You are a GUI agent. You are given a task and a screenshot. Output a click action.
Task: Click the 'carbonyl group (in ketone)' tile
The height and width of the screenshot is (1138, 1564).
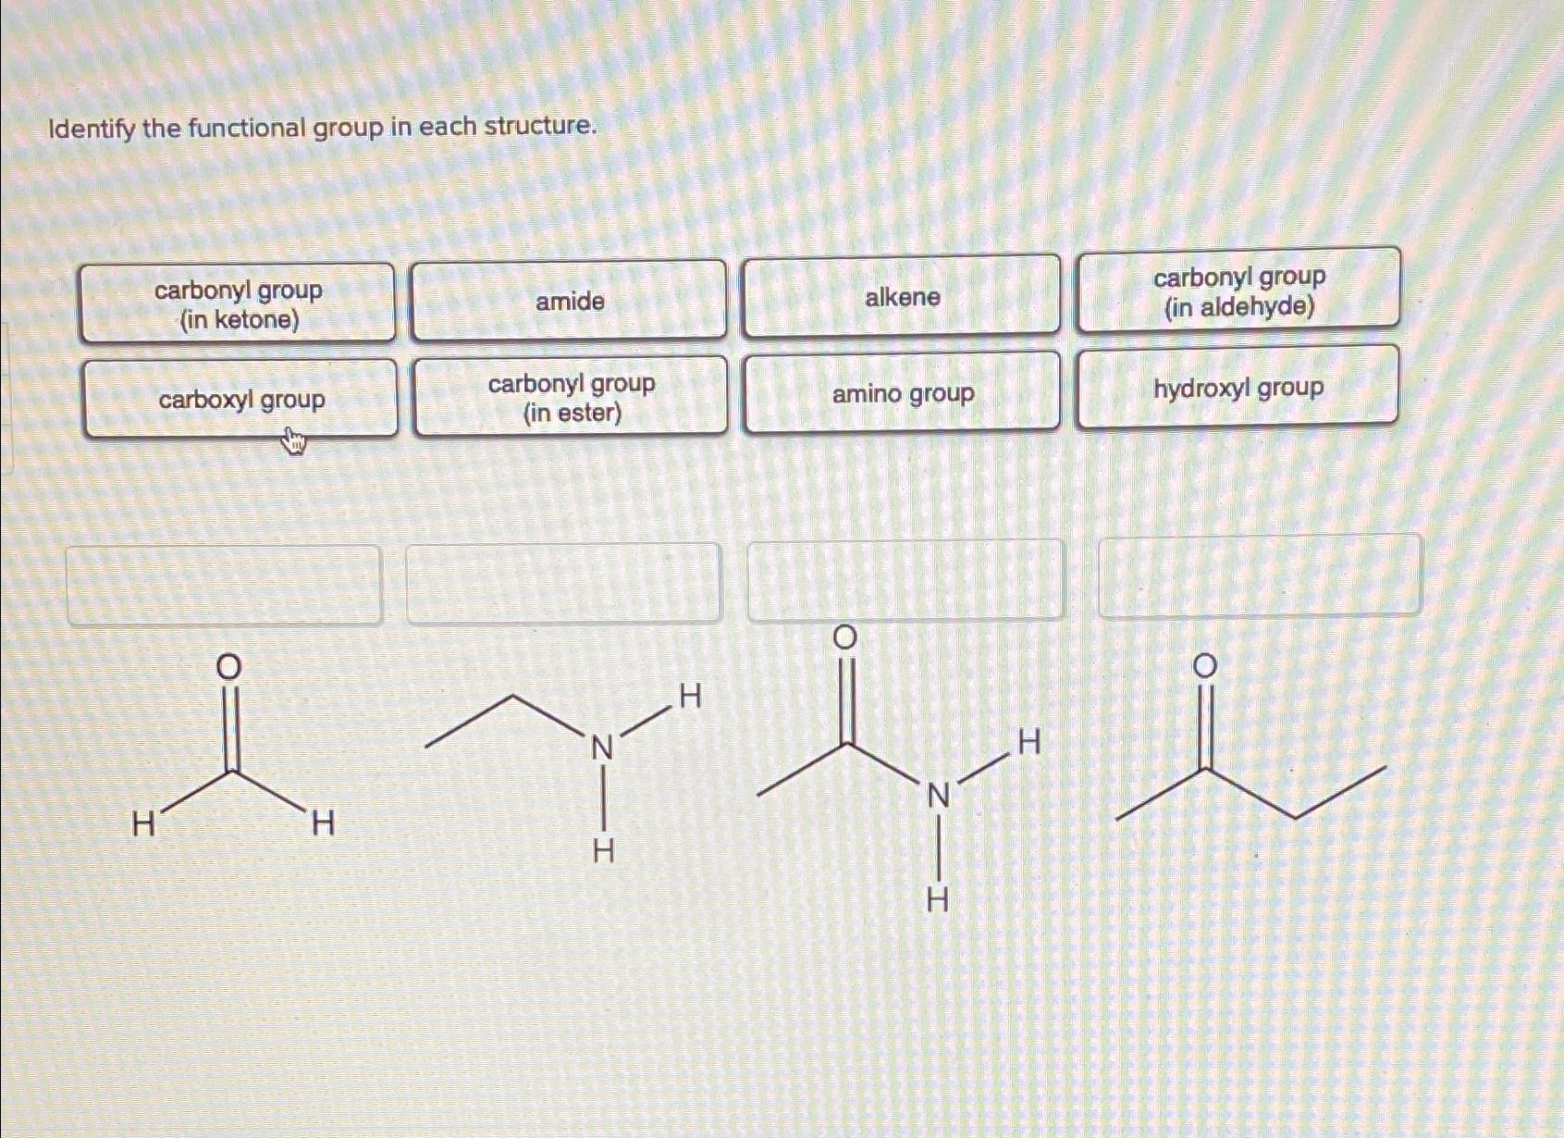tap(238, 303)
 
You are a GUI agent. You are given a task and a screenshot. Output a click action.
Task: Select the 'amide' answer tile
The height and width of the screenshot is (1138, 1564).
tap(569, 302)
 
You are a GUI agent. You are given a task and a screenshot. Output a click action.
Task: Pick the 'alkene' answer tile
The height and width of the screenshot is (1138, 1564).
tap(902, 297)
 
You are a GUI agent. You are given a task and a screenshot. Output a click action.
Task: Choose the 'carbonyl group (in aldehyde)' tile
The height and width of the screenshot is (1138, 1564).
tap(1238, 291)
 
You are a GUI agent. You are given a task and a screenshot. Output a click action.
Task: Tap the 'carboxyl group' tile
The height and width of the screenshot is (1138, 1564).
tap(240, 400)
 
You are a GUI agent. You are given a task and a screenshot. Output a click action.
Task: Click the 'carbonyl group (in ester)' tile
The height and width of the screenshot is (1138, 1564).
tap(571, 397)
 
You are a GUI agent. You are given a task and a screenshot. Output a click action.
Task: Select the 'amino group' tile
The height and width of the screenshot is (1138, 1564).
tap(903, 393)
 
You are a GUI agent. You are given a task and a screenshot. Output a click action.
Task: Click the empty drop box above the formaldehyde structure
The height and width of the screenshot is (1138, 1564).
tap(224, 586)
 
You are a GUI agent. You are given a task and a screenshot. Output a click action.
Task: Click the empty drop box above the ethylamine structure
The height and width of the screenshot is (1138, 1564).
tap(563, 583)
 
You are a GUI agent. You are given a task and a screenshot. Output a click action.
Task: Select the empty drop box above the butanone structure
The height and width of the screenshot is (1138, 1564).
tap(1259, 575)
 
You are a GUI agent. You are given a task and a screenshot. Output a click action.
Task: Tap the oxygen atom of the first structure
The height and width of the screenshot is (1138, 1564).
tap(228, 666)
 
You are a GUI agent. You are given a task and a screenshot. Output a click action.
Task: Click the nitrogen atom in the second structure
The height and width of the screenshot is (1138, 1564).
tap(602, 747)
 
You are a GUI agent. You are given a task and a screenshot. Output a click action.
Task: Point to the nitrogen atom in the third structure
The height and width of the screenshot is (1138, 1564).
tap(938, 795)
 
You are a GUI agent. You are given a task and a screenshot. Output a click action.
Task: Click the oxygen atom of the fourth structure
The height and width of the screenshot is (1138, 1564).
tap(1203, 666)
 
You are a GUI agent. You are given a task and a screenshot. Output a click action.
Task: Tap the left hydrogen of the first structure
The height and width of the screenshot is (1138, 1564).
tap(143, 823)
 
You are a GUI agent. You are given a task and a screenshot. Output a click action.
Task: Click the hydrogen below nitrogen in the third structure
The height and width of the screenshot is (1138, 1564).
tap(937, 899)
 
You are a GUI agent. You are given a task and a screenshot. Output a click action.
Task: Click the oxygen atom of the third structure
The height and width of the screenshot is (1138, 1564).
tap(844, 637)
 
